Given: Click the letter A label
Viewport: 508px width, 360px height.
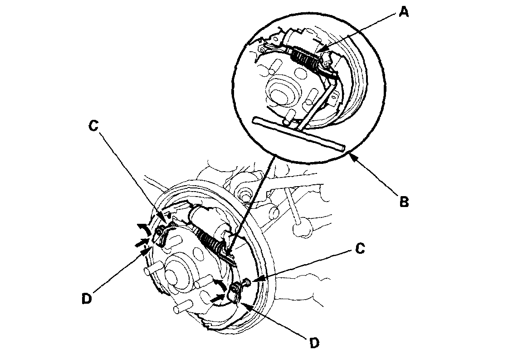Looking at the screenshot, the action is coord(403,12).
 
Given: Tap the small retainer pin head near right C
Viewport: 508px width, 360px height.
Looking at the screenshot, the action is coord(244,283).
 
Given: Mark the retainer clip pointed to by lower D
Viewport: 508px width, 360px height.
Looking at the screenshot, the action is coord(234,293).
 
